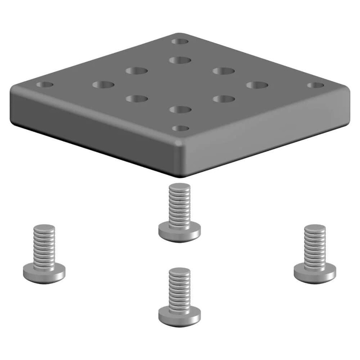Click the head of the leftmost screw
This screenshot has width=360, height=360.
(44, 271)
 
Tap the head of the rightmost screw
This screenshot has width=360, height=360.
(315, 271)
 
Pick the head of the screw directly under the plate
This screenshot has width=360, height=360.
(180, 231)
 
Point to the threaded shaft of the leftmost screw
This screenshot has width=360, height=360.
(44, 243)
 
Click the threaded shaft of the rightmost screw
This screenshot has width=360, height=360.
(315, 243)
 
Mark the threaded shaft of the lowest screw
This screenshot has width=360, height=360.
(180, 286)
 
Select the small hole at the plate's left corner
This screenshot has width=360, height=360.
(45, 85)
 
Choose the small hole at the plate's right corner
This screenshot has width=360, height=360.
(315, 85)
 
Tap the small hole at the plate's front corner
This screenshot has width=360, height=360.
(180, 128)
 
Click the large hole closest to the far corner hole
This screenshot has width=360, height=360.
(180, 59)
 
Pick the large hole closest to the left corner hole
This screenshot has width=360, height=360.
(103, 84)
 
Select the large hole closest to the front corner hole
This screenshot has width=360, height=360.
(180, 109)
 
